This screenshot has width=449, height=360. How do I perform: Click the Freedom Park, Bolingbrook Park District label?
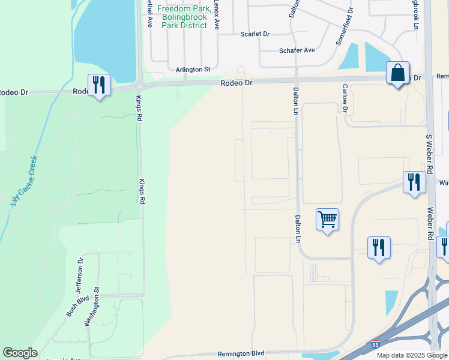point(183,17)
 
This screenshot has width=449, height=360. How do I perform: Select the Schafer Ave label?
point(297,50)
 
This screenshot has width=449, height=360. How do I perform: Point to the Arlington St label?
point(193,70)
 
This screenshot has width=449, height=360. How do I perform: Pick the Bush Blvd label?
point(77,305)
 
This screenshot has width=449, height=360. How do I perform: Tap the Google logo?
point(20,353)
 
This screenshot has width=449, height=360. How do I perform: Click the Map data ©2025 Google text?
point(411,355)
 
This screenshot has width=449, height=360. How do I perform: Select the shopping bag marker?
point(397,73)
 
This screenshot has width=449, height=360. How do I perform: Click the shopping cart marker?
point(327,220)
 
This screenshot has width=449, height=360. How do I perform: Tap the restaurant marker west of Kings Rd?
point(99,85)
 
